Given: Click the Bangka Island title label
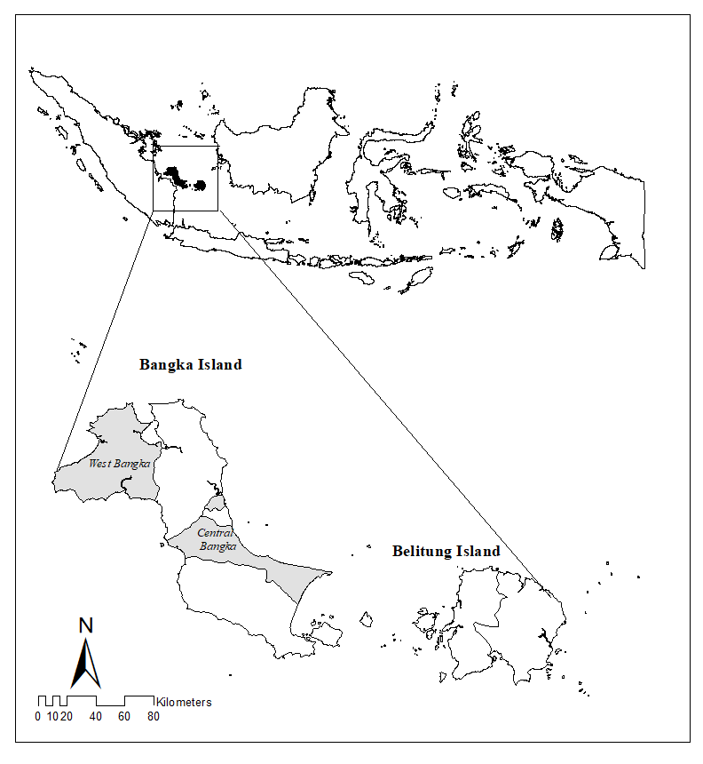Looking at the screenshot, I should pyautogui.click(x=190, y=365).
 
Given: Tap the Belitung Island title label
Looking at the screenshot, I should pyautogui.click(x=446, y=552).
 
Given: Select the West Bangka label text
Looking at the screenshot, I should pyautogui.click(x=120, y=464).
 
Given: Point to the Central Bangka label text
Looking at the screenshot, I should pyautogui.click(x=217, y=540).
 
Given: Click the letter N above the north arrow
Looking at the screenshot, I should pyautogui.click(x=86, y=625).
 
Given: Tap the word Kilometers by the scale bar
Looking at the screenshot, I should pyautogui.click(x=184, y=702).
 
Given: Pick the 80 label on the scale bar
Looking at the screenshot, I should pyautogui.click(x=153, y=717).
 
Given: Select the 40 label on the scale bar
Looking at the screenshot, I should pyautogui.click(x=95, y=717).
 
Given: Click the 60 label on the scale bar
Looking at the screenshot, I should pyautogui.click(x=124, y=717).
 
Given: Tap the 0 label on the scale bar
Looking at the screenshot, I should pyautogui.click(x=38, y=717).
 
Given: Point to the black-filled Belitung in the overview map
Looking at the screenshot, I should pyautogui.click(x=201, y=186).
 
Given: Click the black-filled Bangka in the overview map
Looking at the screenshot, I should pyautogui.click(x=175, y=175).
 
